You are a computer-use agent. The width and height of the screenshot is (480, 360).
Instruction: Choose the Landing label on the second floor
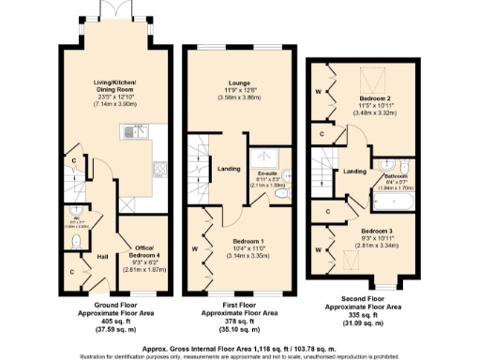coord(353,172)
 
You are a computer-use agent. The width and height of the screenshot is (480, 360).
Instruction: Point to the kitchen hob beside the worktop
coord(159,171)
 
